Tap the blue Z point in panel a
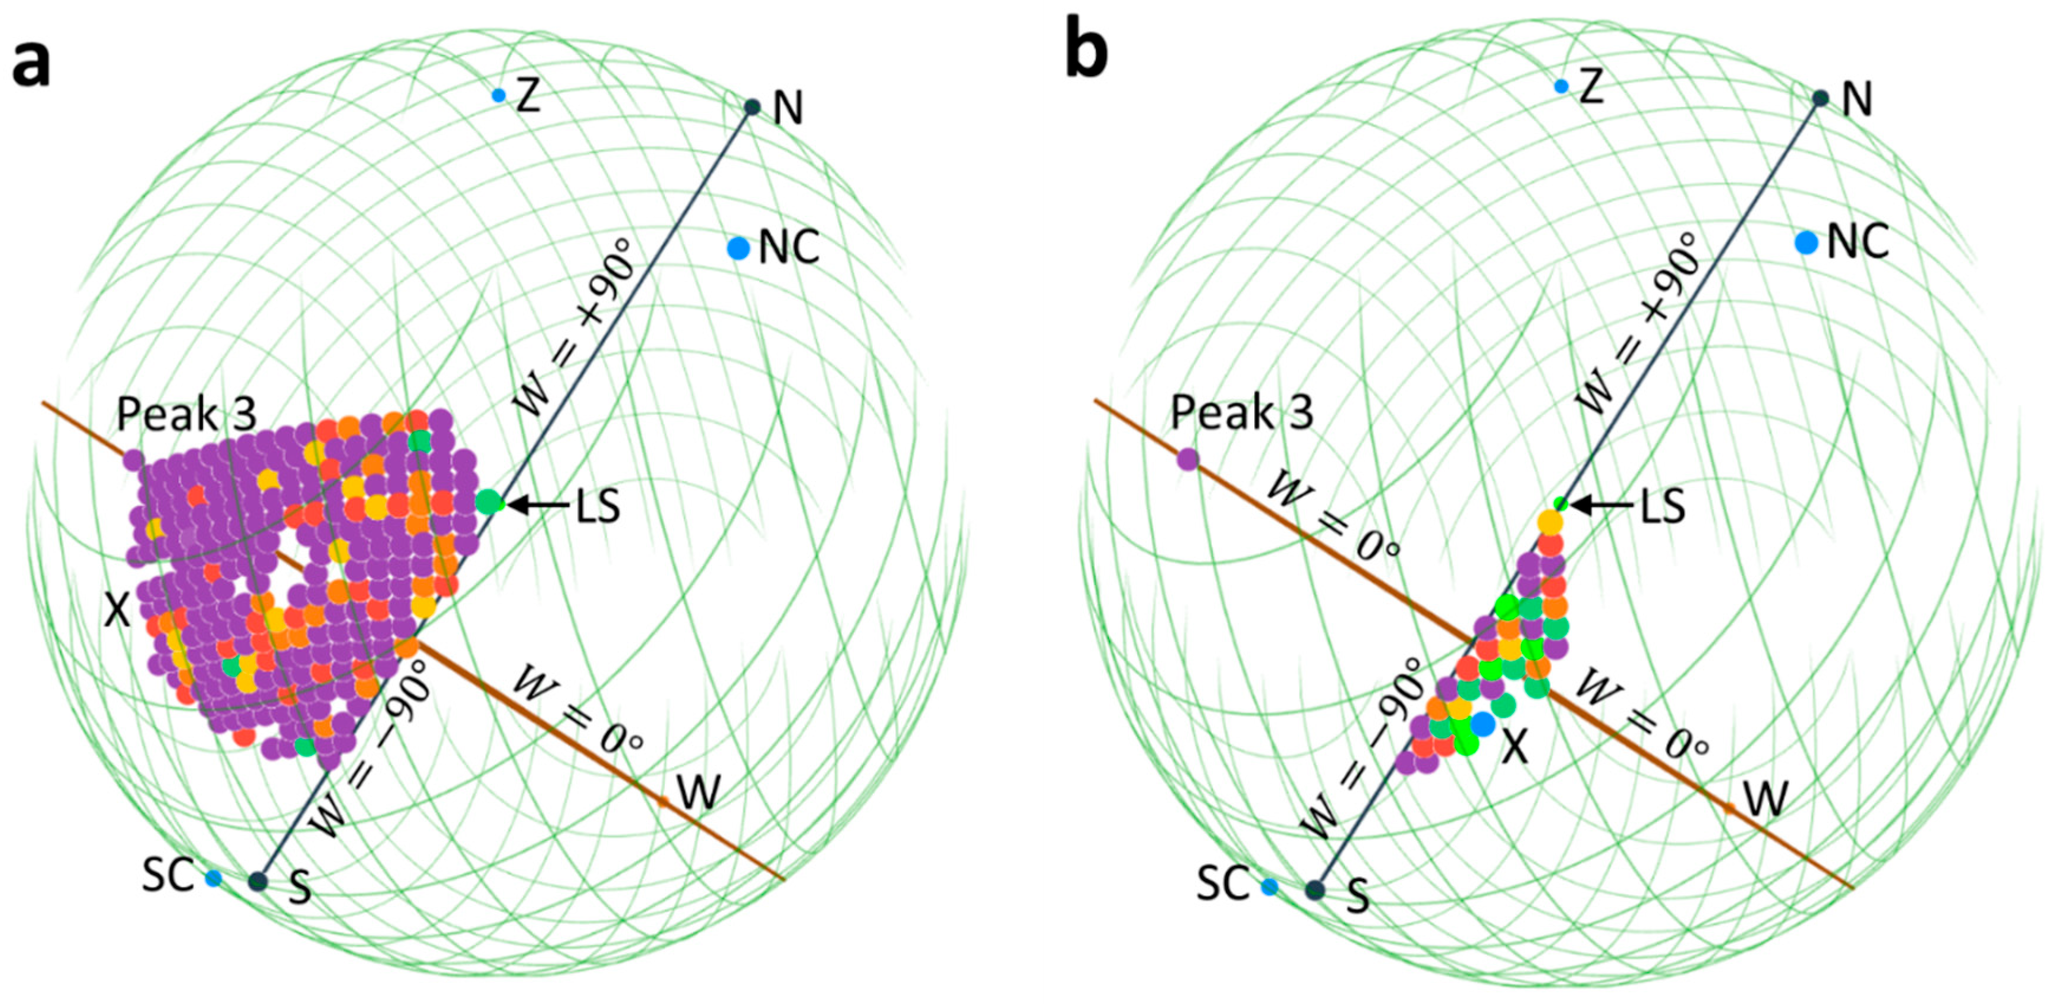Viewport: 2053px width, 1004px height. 499,96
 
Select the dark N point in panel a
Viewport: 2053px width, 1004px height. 752,107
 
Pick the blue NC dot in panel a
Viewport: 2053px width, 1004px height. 739,249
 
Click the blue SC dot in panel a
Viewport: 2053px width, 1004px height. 213,878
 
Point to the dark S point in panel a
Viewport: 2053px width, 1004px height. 257,881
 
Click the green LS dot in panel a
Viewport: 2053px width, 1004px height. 489,502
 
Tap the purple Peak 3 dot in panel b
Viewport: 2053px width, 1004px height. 1187,459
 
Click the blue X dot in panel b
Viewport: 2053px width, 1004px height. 1483,724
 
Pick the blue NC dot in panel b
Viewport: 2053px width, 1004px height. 1806,242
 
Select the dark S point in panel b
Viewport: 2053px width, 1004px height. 1315,889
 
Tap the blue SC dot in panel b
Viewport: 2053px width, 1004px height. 1269,886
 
